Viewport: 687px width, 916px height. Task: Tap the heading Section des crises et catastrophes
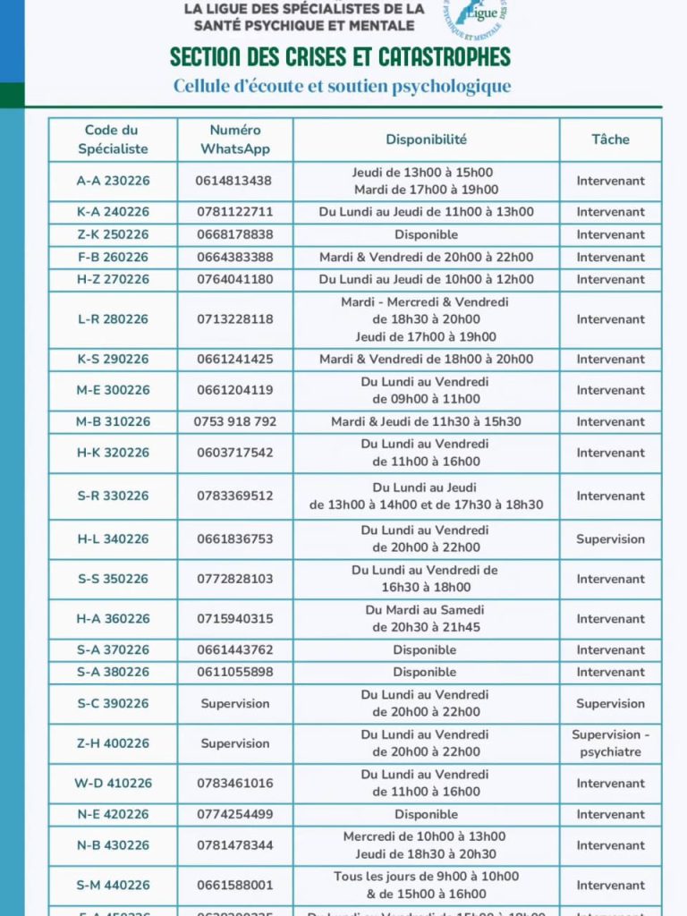point(341,57)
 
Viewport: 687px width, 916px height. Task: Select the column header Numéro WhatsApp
point(234,140)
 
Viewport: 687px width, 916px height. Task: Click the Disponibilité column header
point(426,140)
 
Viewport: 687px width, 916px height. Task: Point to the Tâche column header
point(610,140)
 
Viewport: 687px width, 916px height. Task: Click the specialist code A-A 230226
point(113,181)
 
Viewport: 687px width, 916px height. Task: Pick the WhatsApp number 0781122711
point(234,212)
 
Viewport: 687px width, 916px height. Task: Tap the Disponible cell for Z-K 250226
point(426,234)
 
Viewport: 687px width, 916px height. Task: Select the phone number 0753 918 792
point(234,421)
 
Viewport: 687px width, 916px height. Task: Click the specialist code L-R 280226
point(113,319)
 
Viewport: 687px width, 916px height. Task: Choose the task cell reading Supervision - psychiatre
point(610,743)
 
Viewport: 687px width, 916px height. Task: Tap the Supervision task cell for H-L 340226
point(610,539)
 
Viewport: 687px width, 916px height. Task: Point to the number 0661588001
point(234,886)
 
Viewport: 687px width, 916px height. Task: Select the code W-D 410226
point(113,784)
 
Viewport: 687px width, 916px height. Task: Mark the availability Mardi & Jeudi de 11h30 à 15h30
point(426,421)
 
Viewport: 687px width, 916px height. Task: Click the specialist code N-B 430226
point(113,845)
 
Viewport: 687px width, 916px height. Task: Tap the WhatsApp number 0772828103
point(234,579)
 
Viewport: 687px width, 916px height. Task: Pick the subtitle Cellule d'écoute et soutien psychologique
point(343,87)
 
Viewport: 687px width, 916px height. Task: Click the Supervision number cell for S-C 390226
point(234,704)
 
